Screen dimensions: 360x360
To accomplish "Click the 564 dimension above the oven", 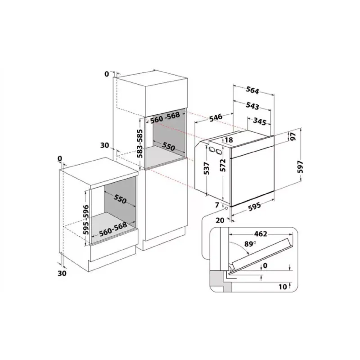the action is [252, 90].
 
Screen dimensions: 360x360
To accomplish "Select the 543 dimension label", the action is [252, 106].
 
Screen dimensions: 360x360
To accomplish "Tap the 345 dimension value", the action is [260, 121].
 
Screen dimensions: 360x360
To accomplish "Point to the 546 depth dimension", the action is [216, 117].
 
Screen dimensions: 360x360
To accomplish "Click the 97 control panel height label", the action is [293, 136].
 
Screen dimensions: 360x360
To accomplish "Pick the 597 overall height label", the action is [300, 167].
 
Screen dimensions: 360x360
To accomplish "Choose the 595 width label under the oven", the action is [254, 206].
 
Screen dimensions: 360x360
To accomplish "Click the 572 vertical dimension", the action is [222, 165].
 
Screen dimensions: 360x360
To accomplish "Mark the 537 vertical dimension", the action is [207, 168].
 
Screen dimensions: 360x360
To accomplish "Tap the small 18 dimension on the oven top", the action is [229, 140].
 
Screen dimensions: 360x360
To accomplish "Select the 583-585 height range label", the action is [139, 144].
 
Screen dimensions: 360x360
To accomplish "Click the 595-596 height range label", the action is [85, 220].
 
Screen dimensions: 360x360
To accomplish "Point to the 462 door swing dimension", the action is [261, 234].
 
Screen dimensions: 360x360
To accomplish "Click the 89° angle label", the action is [250, 244].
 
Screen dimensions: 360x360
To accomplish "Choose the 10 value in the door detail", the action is [283, 287].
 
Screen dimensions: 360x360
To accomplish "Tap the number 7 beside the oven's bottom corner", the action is [217, 205].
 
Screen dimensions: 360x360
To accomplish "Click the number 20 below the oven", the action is [220, 220].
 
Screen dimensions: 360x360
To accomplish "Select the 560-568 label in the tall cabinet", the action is [165, 117].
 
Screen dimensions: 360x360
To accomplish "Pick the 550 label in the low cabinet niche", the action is [120, 199].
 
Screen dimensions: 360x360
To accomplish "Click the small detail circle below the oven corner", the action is [226, 208].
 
